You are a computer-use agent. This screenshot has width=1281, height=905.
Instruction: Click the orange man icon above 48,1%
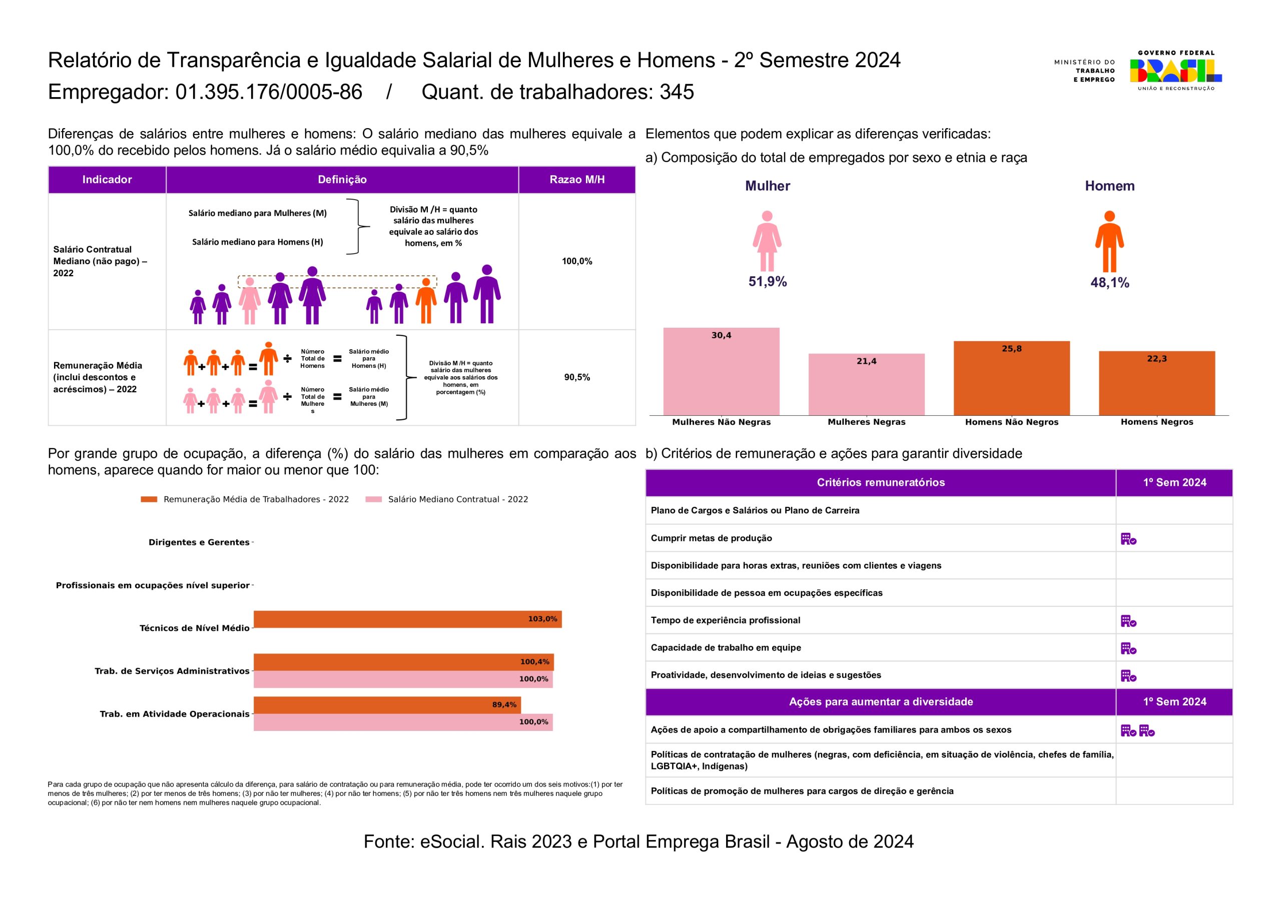coord(1109,242)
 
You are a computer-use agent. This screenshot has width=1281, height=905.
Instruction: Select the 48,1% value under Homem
coord(1109,283)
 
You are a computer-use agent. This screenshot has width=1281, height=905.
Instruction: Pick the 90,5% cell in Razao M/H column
coord(577,377)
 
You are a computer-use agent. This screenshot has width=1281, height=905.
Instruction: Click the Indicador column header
coord(107,180)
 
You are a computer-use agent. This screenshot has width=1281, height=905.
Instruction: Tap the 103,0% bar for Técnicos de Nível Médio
coord(407,619)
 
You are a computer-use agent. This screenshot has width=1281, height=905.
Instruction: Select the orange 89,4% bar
coord(387,705)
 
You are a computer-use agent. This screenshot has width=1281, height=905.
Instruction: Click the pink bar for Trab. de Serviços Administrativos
coord(403,679)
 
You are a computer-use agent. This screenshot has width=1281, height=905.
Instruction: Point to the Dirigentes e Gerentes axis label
coord(199,542)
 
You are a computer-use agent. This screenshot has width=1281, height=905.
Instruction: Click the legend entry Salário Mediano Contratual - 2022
coord(457,499)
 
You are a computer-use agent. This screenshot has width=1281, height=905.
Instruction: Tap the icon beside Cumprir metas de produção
coord(1128,539)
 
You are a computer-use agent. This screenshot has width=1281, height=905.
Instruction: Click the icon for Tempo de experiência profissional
coord(1128,621)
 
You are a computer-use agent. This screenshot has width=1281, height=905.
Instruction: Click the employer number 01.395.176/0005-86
coord(269,92)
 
